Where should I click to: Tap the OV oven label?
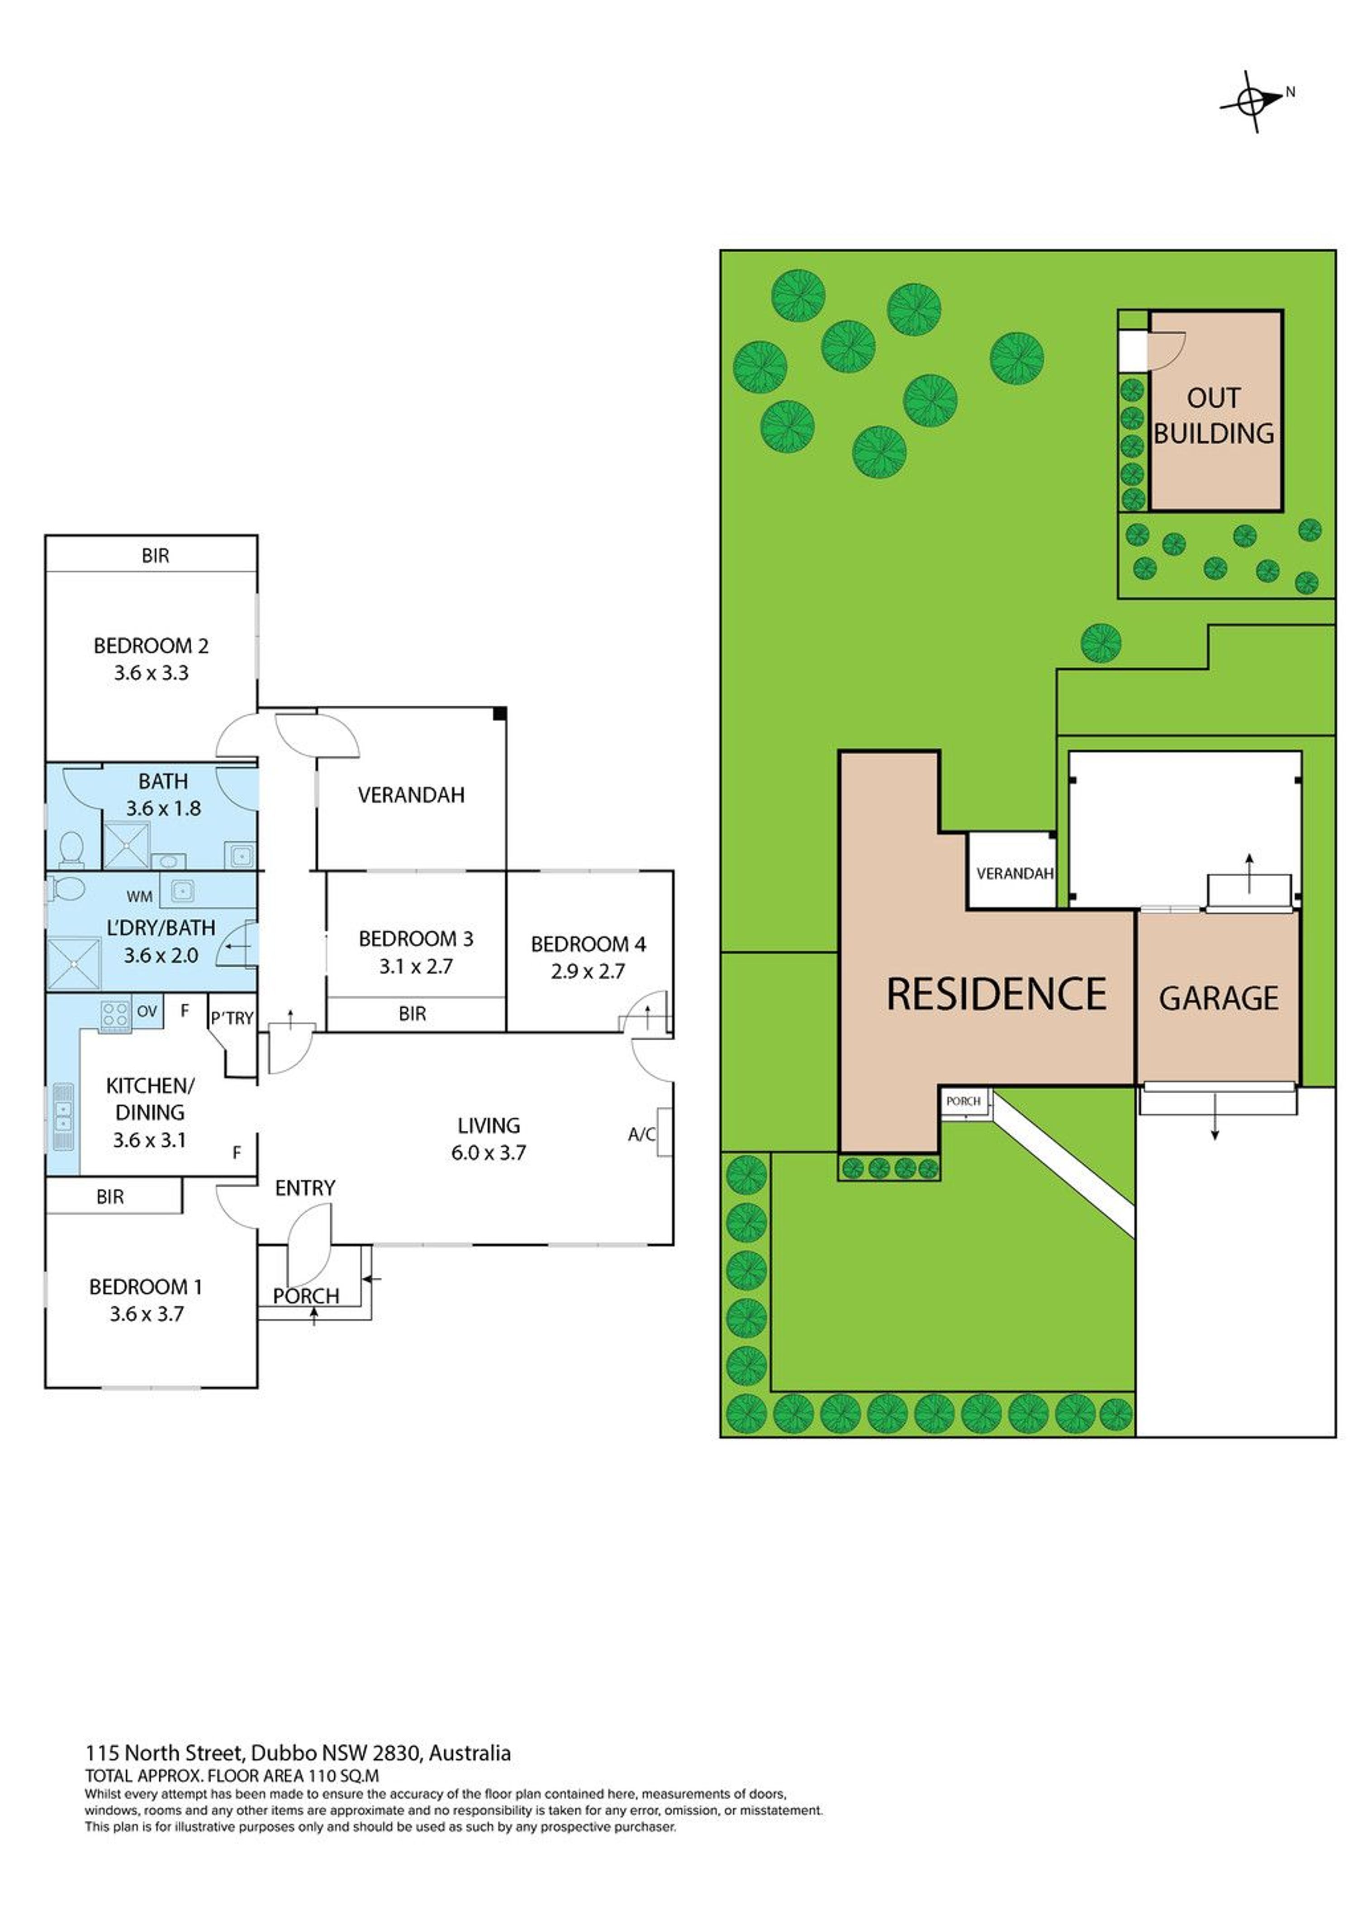tap(147, 1011)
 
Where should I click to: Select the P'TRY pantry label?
tap(232, 1018)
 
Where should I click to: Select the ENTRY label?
tap(305, 1188)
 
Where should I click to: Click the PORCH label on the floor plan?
tap(306, 1296)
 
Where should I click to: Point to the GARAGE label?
tap(1218, 998)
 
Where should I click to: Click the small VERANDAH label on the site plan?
tap(1015, 874)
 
